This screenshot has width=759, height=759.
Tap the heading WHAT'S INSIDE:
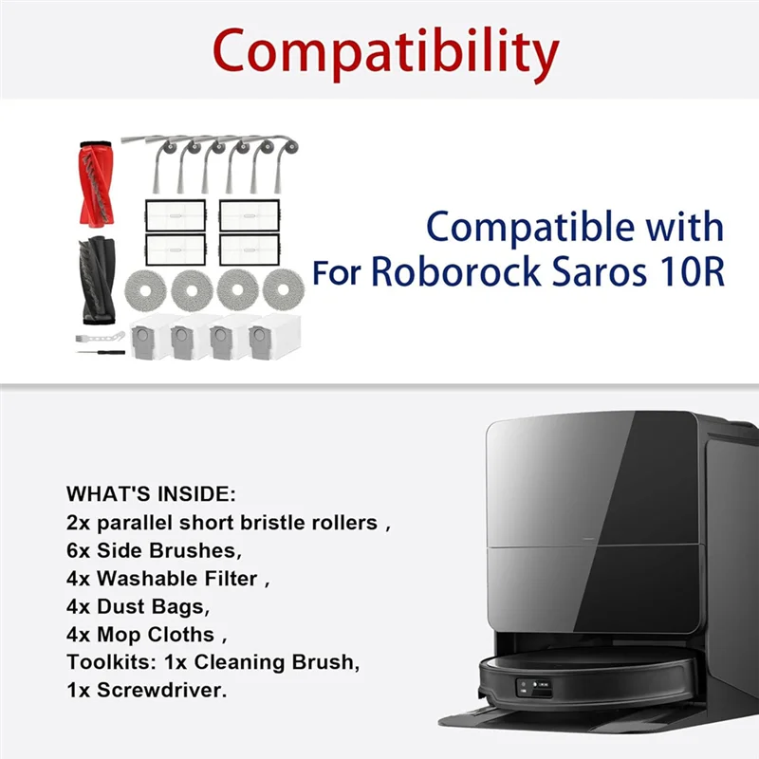coord(150,494)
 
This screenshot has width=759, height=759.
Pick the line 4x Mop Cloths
coord(147,633)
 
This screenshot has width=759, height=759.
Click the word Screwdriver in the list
coord(157,689)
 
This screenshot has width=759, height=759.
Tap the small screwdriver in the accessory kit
coord(101,352)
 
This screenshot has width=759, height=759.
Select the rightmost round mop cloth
coord(284,288)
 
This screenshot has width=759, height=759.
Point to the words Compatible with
coord(575,228)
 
